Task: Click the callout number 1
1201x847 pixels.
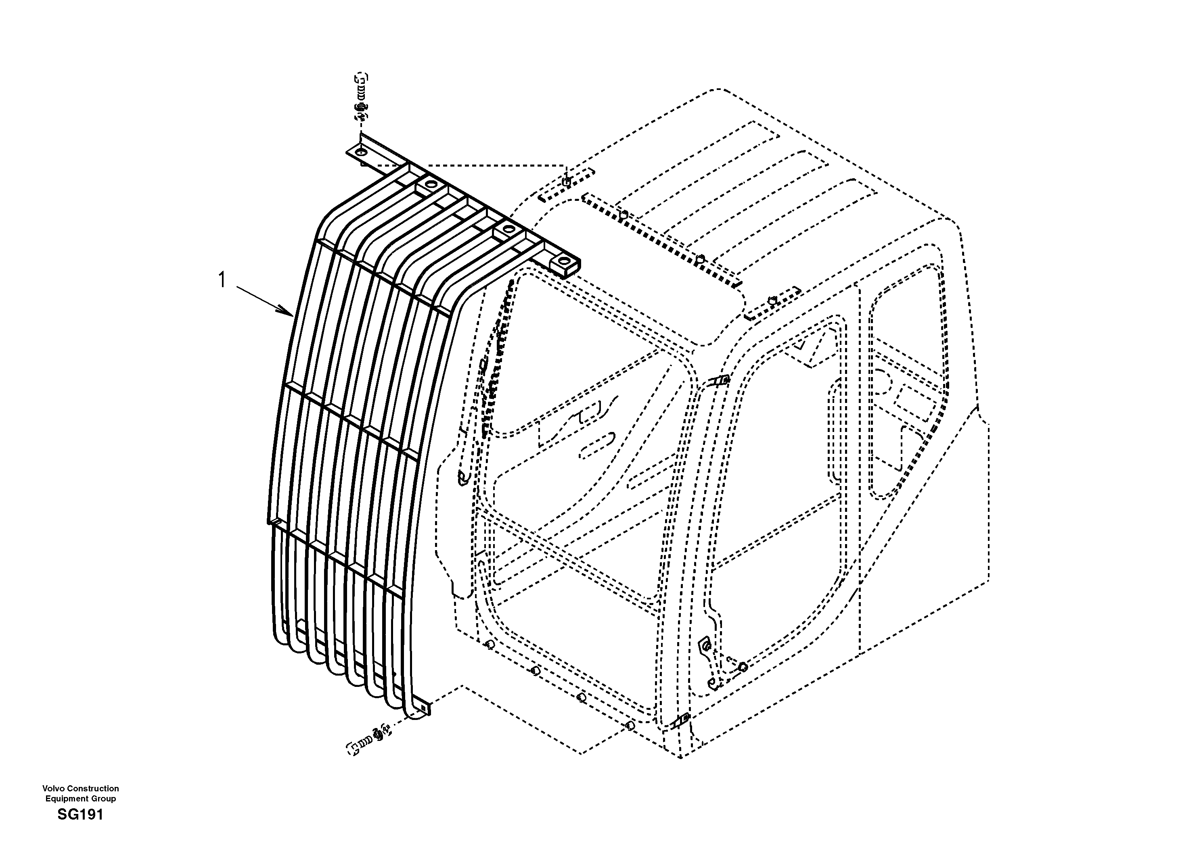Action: (222, 280)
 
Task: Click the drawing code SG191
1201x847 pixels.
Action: (81, 815)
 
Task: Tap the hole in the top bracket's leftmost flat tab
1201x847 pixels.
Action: (360, 153)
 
